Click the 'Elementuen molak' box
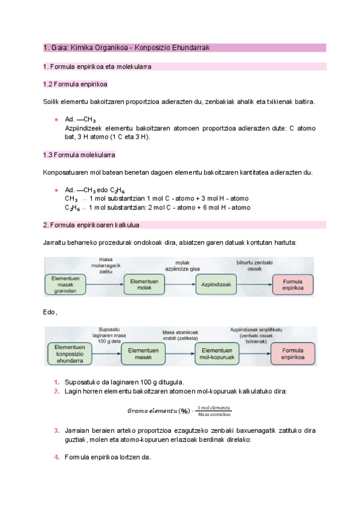[x=143, y=285]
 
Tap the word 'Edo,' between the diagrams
[x=50, y=312]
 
